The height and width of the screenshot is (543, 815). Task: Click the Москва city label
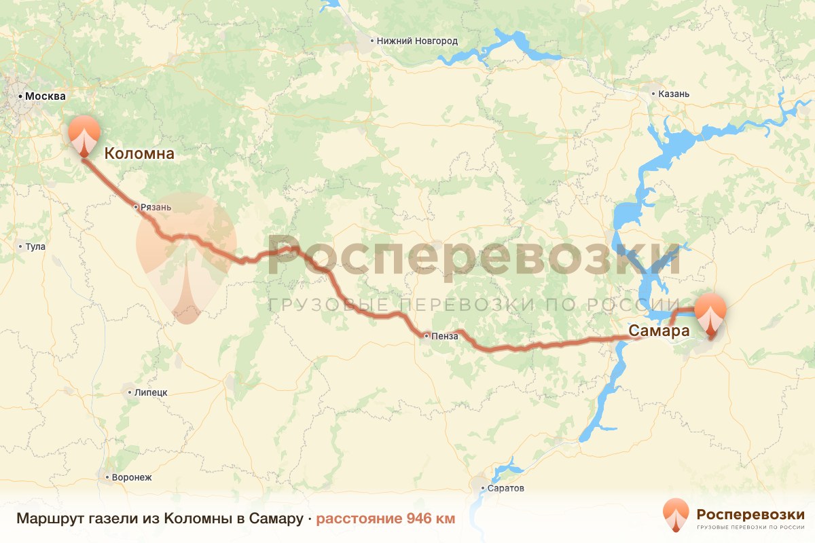(45, 96)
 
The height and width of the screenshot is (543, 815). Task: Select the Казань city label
(674, 94)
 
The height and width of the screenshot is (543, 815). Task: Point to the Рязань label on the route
(156, 207)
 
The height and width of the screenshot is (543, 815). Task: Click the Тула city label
(35, 246)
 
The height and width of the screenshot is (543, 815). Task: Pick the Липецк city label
(151, 392)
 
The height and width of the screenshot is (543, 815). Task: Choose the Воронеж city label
(132, 477)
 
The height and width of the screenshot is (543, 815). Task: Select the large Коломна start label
(139, 154)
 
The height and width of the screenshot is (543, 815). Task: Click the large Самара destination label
(659, 332)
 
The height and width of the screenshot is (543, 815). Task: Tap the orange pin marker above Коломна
(84, 134)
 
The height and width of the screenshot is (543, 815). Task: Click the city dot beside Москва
(20, 96)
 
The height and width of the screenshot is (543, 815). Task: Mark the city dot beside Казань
(653, 94)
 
